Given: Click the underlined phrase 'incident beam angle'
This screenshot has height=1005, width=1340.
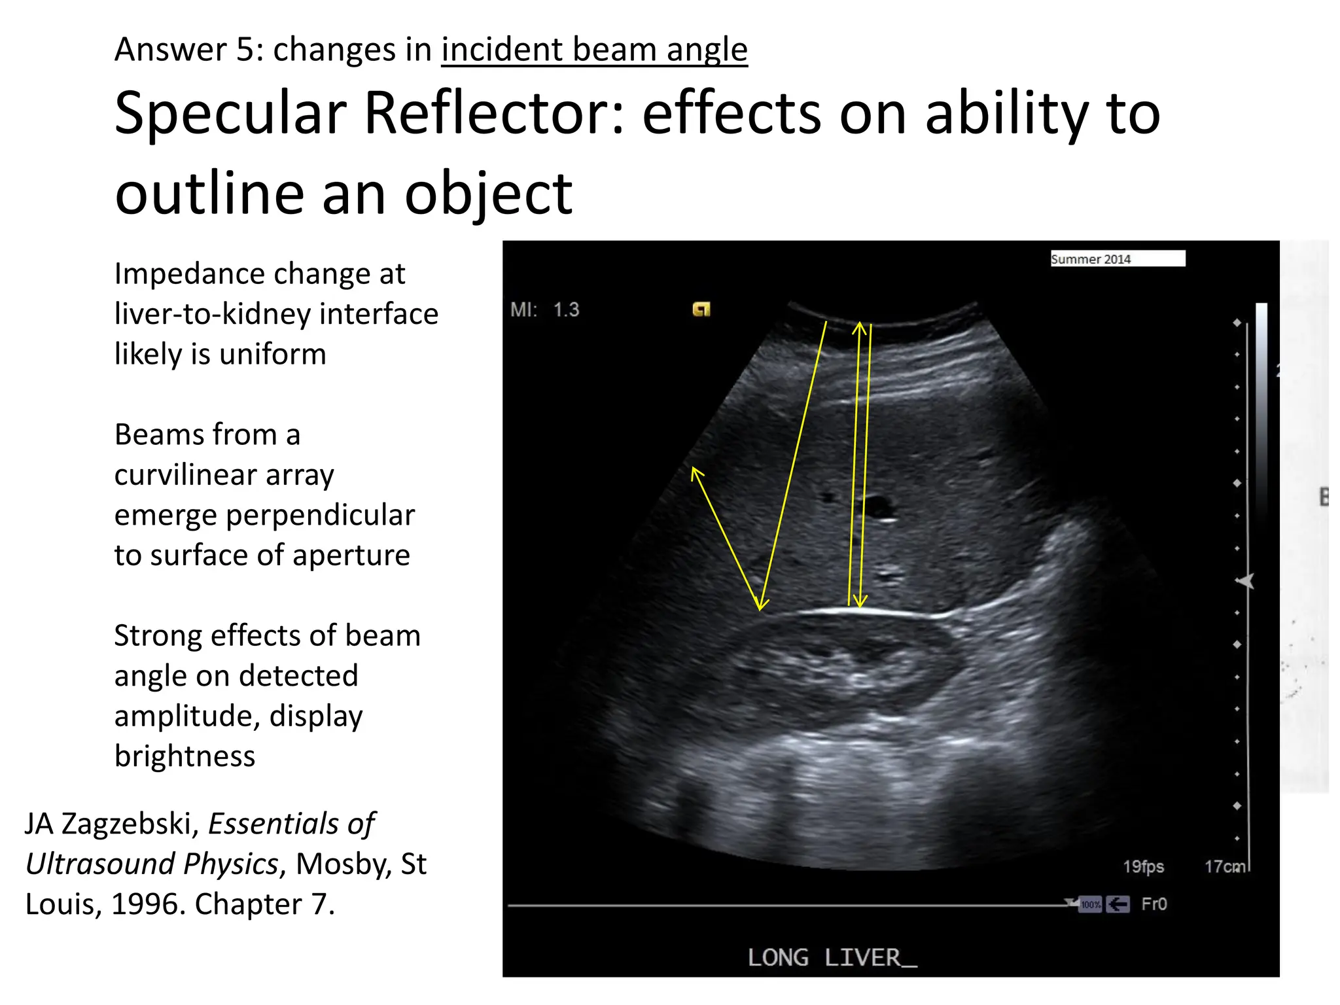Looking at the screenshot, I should tap(594, 50).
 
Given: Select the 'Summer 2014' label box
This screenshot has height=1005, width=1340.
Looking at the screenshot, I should tap(1117, 258).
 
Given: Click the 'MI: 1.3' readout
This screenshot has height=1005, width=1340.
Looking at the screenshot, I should tap(544, 309).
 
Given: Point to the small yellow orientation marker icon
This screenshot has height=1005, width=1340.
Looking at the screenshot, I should tap(701, 309).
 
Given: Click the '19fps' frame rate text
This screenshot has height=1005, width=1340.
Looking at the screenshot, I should tap(1143, 866).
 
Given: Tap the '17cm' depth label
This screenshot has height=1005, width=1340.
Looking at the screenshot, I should tap(1225, 866).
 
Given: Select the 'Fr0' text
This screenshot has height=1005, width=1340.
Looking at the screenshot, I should tap(1154, 904).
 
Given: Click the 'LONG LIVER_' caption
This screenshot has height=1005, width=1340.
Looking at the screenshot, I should tap(832, 958).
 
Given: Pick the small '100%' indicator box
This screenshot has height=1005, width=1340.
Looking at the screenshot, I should tap(1090, 905).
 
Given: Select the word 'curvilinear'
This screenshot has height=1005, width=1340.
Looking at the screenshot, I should tap(224, 475).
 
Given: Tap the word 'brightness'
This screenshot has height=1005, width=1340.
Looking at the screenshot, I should tap(185, 756).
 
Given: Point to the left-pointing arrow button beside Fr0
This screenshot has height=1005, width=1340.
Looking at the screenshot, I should tap(1118, 905).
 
